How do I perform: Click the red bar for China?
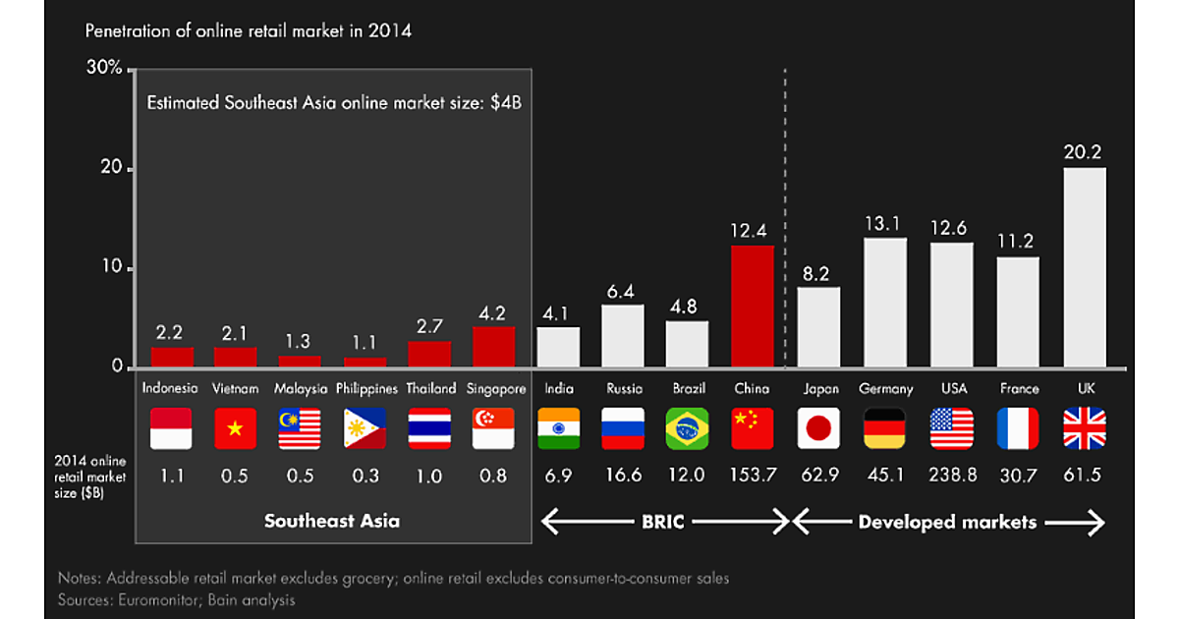pyautogui.click(x=753, y=306)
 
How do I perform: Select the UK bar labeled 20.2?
pyautogui.click(x=1085, y=267)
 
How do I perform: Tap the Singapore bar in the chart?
pyautogui.click(x=493, y=346)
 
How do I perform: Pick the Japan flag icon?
pyautogui.click(x=818, y=428)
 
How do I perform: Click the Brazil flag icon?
pyautogui.click(x=687, y=428)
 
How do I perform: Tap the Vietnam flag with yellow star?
pyautogui.click(x=235, y=428)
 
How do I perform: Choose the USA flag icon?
pyautogui.click(x=952, y=428)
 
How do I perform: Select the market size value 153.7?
pyautogui.click(x=753, y=477)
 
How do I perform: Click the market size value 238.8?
pyautogui.click(x=952, y=477)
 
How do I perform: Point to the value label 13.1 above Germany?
pyautogui.click(x=884, y=224)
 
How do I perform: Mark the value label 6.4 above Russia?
pyautogui.click(x=623, y=291)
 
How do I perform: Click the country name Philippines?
pyautogui.click(x=365, y=389)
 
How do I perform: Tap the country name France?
pyautogui.click(x=1019, y=389)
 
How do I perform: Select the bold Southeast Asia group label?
pyautogui.click(x=332, y=522)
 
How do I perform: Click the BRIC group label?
pyautogui.click(x=664, y=522)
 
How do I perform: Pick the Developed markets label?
pyautogui.click(x=947, y=522)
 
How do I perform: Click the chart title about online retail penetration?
pyautogui.click(x=249, y=31)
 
